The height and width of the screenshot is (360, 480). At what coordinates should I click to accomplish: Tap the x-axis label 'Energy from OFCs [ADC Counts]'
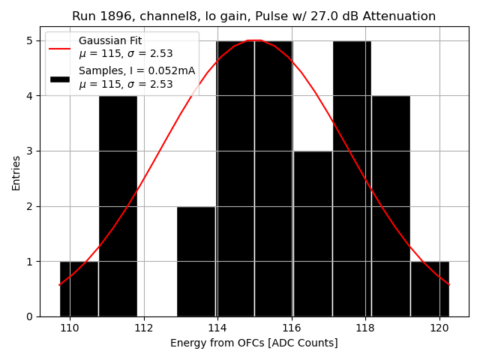pyautogui.click(x=253, y=343)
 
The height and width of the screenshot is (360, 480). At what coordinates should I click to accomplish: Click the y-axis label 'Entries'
pyautogui.click(x=16, y=172)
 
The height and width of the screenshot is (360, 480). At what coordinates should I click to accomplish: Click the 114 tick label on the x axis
pyautogui.click(x=217, y=328)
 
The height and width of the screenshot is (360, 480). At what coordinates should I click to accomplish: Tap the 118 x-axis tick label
pyautogui.click(x=365, y=328)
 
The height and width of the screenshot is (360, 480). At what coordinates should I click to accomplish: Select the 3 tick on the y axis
pyautogui.click(x=31, y=151)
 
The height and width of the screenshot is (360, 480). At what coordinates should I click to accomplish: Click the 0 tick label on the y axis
pyautogui.click(x=31, y=316)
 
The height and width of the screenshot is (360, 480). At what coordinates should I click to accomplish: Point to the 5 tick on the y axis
pyautogui.click(x=31, y=40)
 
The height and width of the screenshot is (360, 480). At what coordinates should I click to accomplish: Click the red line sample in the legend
pyautogui.click(x=60, y=48)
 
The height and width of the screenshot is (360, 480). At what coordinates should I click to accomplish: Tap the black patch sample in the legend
pyautogui.click(x=60, y=78)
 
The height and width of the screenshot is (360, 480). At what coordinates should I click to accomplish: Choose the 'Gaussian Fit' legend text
pyautogui.click(x=109, y=41)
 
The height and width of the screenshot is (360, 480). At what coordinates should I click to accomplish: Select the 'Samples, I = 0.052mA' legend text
pyautogui.click(x=136, y=71)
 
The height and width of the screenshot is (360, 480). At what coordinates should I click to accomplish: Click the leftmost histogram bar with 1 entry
pyautogui.click(x=79, y=289)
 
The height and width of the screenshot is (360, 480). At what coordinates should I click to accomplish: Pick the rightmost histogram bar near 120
pyautogui.click(x=430, y=289)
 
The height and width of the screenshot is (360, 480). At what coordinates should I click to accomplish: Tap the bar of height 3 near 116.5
pyautogui.click(x=313, y=234)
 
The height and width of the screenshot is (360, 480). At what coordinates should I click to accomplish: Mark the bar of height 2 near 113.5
pyautogui.click(x=196, y=261)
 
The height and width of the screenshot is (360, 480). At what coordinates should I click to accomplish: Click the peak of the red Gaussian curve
pyautogui.click(x=254, y=40)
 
